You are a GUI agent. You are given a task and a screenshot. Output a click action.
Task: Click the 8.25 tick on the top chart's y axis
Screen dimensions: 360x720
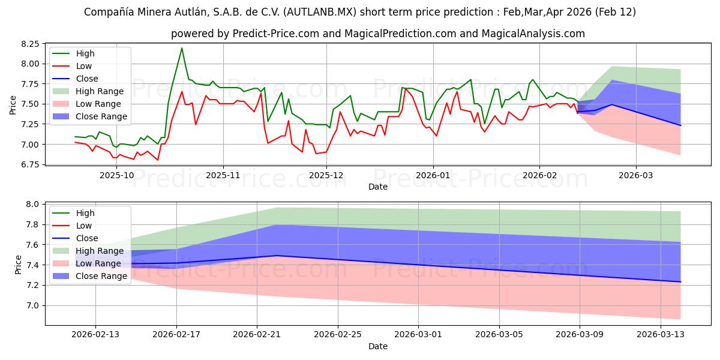(x=29, y=44)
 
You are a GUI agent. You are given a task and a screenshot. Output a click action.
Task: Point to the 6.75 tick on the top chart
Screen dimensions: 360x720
(x=29, y=164)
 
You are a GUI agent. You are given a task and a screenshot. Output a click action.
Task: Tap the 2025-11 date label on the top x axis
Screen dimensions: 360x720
(x=223, y=175)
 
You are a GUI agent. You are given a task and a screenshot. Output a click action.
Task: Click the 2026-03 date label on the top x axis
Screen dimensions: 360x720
(x=635, y=175)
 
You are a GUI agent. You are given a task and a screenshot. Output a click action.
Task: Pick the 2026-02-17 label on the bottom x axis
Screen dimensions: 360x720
(x=177, y=335)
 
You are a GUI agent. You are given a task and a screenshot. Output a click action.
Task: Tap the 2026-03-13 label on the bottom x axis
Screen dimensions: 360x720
(x=661, y=335)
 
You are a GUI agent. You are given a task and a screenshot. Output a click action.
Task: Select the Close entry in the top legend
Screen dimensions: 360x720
(x=88, y=79)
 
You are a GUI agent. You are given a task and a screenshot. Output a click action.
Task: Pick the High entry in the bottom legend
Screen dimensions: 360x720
(x=86, y=213)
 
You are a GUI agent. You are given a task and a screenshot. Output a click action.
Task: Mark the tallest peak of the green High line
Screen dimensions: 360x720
(x=182, y=48)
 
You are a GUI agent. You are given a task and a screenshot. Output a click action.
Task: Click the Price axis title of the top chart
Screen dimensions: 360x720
(x=13, y=104)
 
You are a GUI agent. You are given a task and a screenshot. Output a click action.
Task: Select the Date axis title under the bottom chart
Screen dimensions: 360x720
(x=378, y=346)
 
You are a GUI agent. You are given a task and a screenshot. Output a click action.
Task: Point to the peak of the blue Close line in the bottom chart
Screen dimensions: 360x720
(x=277, y=256)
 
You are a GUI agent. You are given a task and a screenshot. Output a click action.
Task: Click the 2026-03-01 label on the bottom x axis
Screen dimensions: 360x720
(x=419, y=335)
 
